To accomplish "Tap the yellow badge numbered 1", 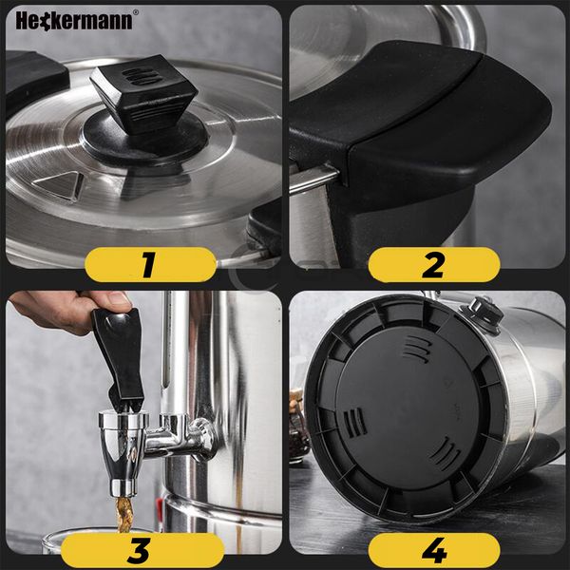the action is tap(150, 264).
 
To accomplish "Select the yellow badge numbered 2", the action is tap(434, 264).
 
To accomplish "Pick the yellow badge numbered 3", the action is tap(142, 550).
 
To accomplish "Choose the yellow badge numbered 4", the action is tap(434, 550).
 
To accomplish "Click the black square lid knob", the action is tap(144, 94).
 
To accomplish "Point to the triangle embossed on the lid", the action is tap(59, 185).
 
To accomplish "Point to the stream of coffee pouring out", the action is tap(124, 514).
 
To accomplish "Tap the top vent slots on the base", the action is tap(417, 349).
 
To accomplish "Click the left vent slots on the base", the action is tap(354, 423).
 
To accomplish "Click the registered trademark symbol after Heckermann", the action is tap(136, 12).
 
